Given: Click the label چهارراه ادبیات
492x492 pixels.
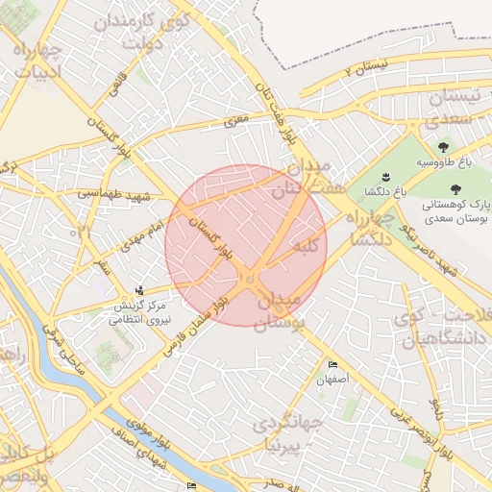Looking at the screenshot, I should pos(38,60).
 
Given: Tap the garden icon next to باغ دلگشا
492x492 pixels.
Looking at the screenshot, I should pos(385,176).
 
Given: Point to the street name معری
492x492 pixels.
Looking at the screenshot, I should pos(236,122).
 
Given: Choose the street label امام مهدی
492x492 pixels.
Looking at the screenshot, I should pos(143,231).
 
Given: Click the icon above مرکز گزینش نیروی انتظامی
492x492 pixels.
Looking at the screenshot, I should pos(141,290).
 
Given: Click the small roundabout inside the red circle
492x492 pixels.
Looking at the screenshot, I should pos(250,278).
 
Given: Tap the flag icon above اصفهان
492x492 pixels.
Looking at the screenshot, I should pos(332,365).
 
